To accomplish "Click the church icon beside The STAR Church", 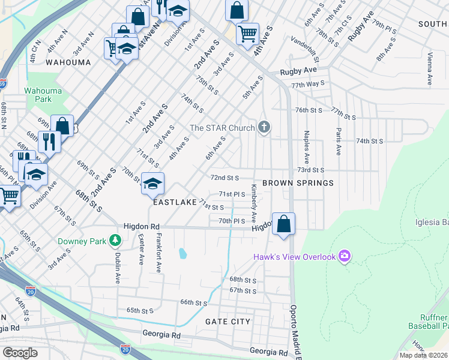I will pos(264,127).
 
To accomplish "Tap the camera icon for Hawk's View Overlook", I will pos(345,257).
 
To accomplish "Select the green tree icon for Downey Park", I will pos(115,241).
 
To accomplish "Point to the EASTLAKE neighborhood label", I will pos(175,203).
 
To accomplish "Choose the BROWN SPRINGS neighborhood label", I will pos(297,182).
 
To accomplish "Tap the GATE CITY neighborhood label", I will pos(228,322).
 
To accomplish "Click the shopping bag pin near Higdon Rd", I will pos(285,224).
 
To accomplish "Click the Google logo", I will pos(20,353).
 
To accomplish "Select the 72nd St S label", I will pos(224,178).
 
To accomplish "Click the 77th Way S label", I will pos(308,85).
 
